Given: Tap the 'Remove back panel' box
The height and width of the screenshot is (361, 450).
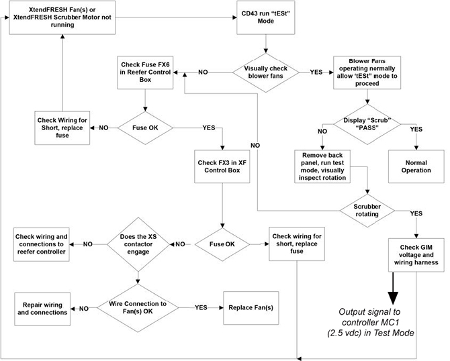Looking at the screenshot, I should pos(325,166).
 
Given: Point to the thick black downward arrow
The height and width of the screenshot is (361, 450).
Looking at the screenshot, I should pos(390,285).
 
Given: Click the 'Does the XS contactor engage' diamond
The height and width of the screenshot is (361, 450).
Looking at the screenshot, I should pos(137,244).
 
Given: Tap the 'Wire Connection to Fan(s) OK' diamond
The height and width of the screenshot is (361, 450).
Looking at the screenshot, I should pos(137,308).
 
